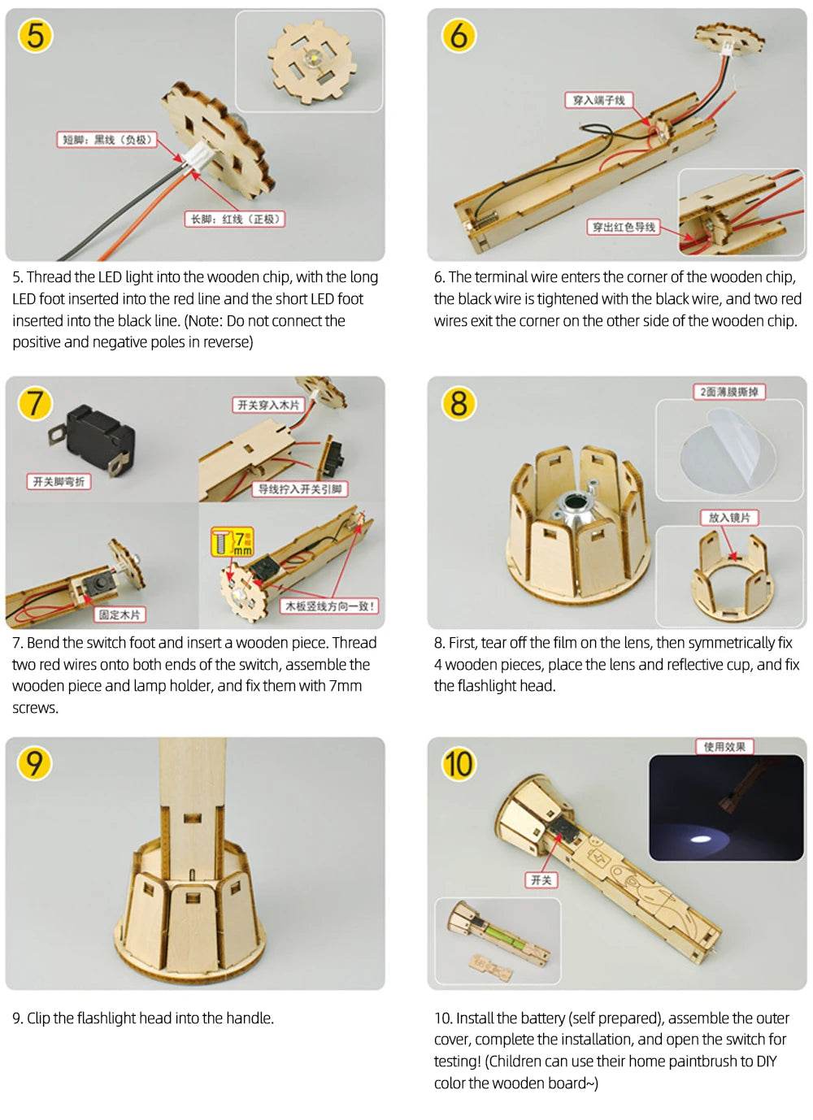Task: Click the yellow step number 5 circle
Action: [35, 36]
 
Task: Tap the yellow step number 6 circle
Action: [459, 36]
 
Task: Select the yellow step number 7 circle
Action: [35, 403]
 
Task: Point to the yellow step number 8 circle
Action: [459, 403]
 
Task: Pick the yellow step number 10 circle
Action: [458, 763]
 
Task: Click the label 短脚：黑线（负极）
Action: [107, 140]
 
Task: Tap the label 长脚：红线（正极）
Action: [235, 219]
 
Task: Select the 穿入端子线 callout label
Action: [598, 100]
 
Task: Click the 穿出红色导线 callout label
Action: [624, 227]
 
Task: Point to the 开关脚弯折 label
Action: [59, 481]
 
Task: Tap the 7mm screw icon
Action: [233, 542]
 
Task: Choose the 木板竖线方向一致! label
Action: [329, 606]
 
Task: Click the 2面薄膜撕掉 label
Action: [728, 392]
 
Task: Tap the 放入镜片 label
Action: [729, 517]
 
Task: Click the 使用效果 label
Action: [724, 746]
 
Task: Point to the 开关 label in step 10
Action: [541, 879]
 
